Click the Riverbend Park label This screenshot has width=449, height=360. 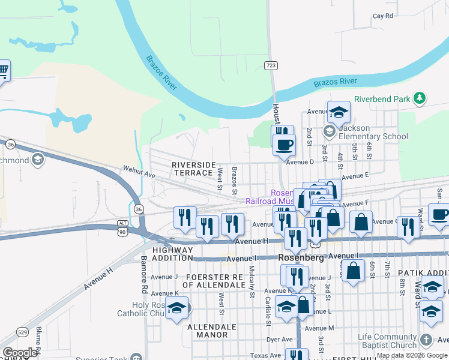381,99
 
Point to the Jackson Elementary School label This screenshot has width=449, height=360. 373,132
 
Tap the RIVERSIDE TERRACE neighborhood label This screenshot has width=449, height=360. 194,169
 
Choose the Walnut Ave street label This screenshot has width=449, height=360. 139,172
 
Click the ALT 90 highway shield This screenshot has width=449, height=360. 123,227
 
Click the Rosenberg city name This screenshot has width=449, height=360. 302,257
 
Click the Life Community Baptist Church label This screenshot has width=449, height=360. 387,341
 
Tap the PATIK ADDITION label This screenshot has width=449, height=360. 423,273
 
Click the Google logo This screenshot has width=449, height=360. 19,352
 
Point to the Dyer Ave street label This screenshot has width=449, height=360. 279,340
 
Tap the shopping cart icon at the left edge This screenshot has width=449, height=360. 2,70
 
